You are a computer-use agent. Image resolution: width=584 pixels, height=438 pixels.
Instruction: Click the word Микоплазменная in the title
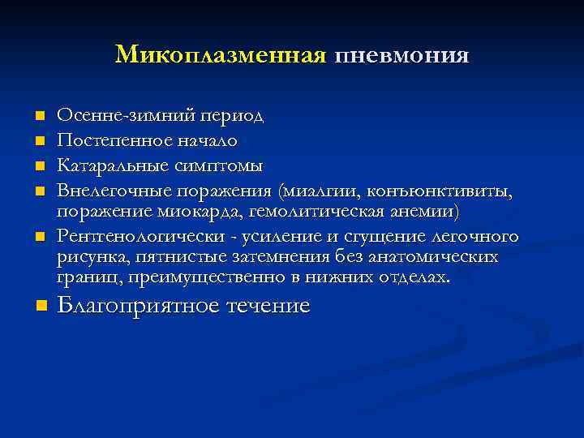(x=220, y=54)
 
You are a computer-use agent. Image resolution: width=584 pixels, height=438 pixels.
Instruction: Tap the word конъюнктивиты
(x=440, y=191)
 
